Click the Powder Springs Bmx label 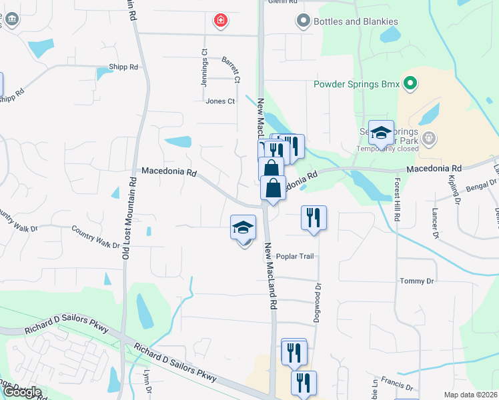356,85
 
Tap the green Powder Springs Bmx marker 411,84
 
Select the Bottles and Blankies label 356,21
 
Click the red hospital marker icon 219,21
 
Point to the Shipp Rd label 123,67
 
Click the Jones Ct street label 220,101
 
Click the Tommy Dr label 417,281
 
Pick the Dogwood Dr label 318,303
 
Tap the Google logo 22,392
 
